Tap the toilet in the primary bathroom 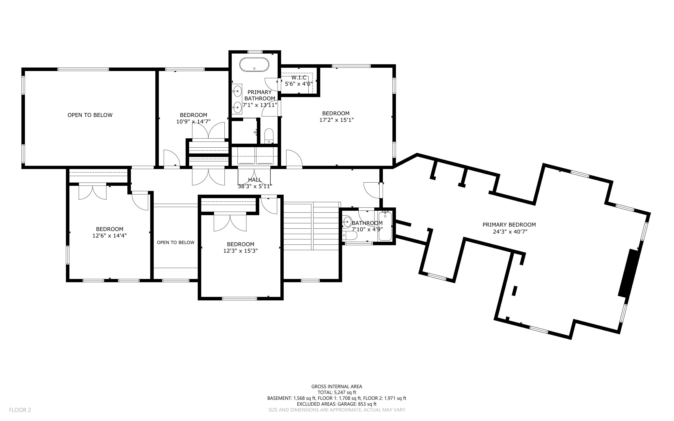[269, 136]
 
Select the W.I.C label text [299, 77]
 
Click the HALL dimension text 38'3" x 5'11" [255, 186]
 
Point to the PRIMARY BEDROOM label [509, 225]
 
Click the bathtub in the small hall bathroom [385, 226]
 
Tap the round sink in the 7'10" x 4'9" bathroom [347, 222]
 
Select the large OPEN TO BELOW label [90, 115]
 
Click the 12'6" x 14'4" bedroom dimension [110, 236]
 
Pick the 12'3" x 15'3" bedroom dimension [241, 251]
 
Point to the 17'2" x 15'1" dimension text [336, 120]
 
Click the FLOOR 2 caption [20, 410]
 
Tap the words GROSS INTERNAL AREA [337, 387]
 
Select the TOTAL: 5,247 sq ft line [337, 392]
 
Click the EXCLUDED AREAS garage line [337, 404]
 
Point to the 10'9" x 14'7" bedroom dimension [194, 121]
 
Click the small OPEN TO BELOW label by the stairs [176, 243]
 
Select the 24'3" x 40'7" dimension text [510, 231]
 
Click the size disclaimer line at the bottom [337, 410]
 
